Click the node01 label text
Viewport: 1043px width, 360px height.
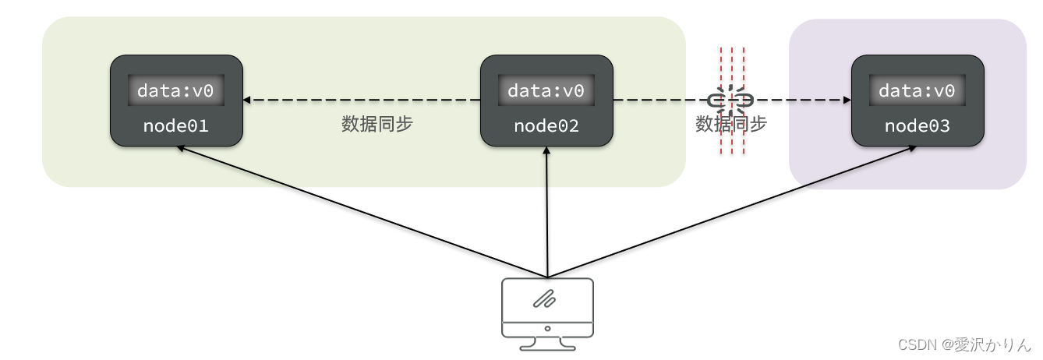[x=176, y=125]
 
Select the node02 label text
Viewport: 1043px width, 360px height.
[x=546, y=125]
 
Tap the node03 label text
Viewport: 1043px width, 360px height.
[x=917, y=125]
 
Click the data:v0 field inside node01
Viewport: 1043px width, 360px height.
[x=176, y=90]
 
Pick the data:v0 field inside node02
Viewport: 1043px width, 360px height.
[x=546, y=90]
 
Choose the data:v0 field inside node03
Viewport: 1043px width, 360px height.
[x=917, y=90]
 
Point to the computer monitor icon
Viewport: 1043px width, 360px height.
[x=547, y=307]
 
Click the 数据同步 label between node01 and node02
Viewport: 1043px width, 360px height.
[x=377, y=125]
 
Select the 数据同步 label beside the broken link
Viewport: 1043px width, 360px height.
[x=730, y=125]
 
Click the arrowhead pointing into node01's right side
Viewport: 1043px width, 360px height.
[x=248, y=101]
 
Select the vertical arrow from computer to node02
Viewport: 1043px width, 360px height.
[x=547, y=214]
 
